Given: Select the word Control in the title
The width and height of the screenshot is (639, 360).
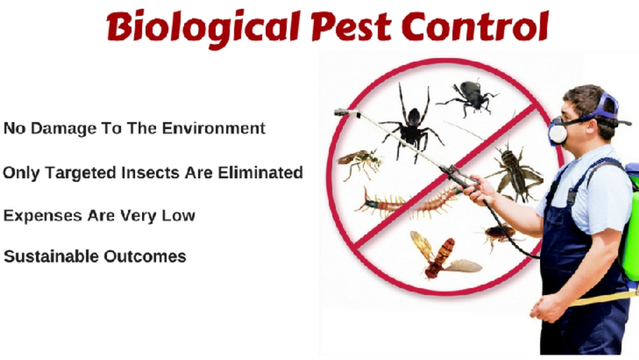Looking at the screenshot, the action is (475, 26).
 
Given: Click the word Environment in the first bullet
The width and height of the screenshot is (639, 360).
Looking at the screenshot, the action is (214, 128).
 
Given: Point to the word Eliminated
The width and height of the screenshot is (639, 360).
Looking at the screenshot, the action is (260, 173).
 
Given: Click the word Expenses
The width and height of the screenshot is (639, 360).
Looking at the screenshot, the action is (43, 216).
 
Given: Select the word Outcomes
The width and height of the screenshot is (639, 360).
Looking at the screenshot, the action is (145, 256).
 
